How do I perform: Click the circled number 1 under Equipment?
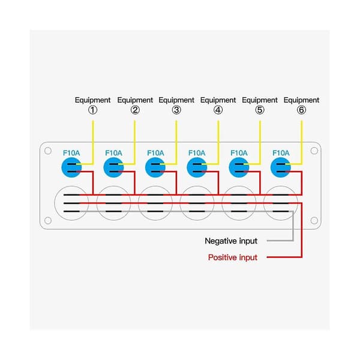tap(93, 110)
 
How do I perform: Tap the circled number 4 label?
tap(218, 110)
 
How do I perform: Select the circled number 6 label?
tap(301, 110)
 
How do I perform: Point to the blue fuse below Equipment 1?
tap(71, 167)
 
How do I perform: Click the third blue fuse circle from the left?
tap(155, 167)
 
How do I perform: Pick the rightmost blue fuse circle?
tap(281, 167)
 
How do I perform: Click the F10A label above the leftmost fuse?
tap(71, 153)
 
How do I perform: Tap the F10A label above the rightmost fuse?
tap(281, 153)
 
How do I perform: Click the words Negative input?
tap(231, 241)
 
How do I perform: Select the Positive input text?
tap(233, 257)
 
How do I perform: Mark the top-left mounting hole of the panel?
tap(48, 151)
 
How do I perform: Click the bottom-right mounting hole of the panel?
tap(314, 220)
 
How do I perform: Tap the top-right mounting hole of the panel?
tap(314, 151)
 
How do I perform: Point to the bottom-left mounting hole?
tap(48, 220)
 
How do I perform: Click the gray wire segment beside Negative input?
tap(280, 241)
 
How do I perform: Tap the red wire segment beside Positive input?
tap(284, 257)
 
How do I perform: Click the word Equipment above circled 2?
tap(135, 100)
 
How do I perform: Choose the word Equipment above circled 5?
tap(260, 100)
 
